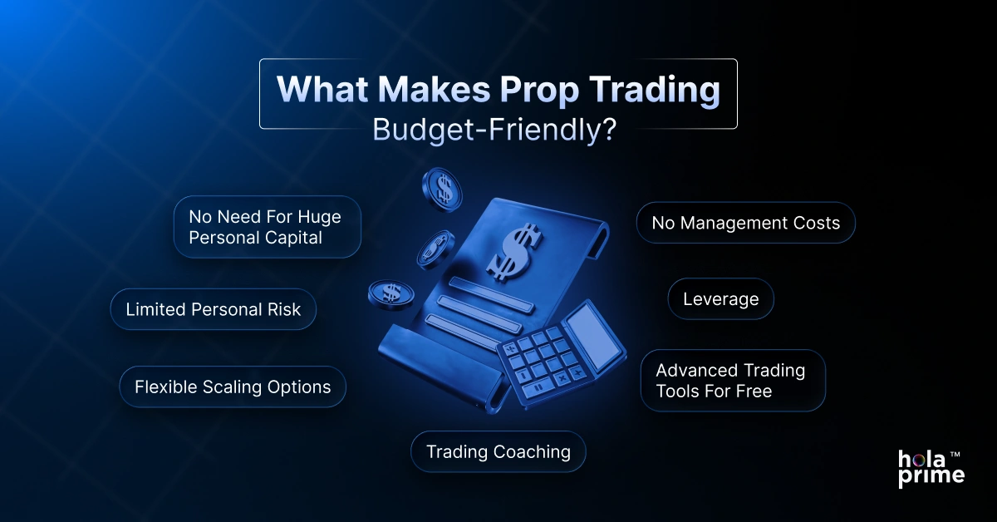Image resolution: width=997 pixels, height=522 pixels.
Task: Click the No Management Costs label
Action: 745,223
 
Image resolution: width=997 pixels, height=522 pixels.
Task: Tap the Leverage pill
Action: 720,299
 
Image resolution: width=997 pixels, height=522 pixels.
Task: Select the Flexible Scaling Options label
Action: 233,387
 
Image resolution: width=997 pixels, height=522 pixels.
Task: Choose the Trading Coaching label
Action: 498,451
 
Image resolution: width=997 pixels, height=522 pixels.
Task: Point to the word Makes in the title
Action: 418,91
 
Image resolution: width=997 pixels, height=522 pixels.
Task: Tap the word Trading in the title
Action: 649,91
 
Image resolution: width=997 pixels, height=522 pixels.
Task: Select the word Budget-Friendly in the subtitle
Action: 487,131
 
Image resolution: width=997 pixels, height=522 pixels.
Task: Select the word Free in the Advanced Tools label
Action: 754,391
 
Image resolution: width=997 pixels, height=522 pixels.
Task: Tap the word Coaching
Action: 532,451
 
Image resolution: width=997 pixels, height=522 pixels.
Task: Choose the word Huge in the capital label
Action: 320,216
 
